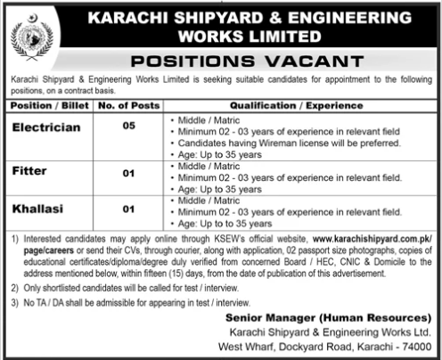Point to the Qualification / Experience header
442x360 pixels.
(295, 106)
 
